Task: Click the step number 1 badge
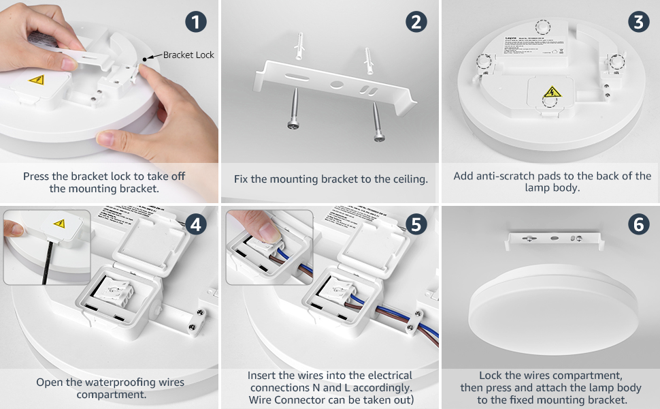click(196, 22)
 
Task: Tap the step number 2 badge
click(416, 22)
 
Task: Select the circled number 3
click(638, 22)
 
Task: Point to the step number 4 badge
click(196, 224)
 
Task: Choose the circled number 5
click(416, 224)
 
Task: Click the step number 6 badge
click(638, 224)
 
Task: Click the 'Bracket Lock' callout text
click(188, 55)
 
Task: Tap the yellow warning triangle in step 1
click(36, 80)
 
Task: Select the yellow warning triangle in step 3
click(551, 93)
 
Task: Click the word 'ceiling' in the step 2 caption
click(408, 179)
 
